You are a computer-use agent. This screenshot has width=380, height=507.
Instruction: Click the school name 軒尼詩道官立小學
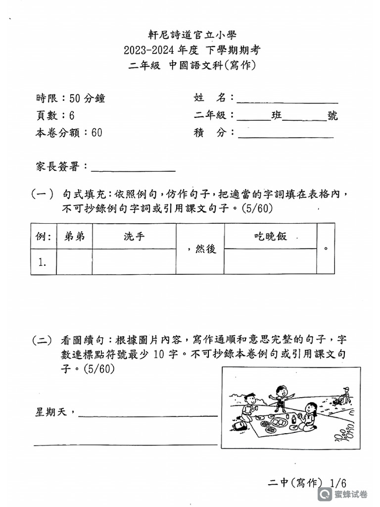(192, 35)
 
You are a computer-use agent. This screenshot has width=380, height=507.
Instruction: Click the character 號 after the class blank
(332, 116)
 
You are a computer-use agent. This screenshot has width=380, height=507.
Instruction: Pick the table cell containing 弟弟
(74, 236)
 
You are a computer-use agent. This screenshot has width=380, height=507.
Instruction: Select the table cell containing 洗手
(134, 236)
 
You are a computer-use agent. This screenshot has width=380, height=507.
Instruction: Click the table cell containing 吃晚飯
(270, 236)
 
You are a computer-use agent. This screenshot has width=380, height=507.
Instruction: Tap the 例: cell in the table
(44, 236)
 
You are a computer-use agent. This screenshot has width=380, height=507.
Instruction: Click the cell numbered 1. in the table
(44, 262)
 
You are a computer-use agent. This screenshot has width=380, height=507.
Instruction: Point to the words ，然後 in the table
(201, 249)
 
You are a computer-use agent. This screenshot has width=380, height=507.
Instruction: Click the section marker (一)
(42, 194)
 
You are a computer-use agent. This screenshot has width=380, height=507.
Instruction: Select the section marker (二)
(42, 340)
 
